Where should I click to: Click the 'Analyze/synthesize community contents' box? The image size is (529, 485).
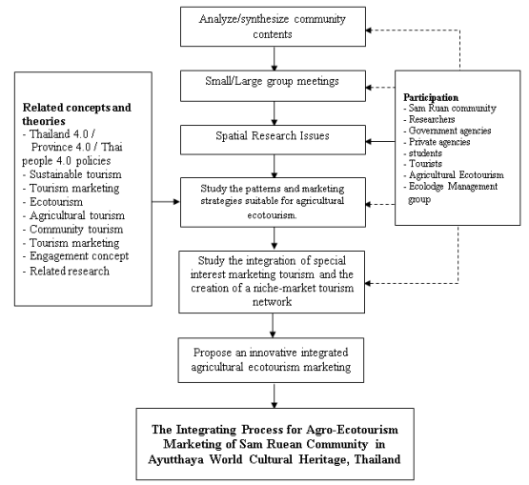(x=274, y=27)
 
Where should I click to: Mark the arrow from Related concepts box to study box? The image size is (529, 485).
(x=167, y=201)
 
